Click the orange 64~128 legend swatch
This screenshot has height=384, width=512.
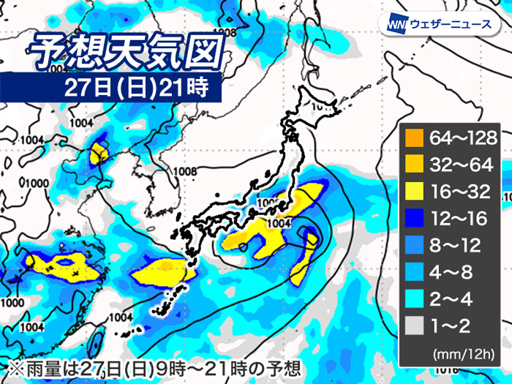(x=415, y=137)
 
